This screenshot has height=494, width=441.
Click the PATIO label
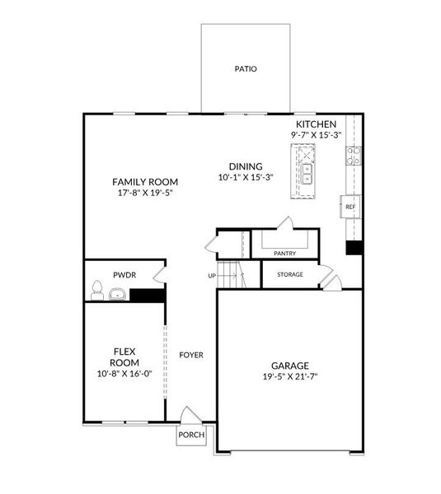(x=246, y=68)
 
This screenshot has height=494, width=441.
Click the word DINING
(x=245, y=165)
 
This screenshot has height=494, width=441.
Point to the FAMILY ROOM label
(x=145, y=182)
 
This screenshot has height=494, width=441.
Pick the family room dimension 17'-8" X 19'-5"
(x=145, y=193)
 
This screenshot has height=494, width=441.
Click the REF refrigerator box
(x=350, y=207)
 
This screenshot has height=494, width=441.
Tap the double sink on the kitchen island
(x=307, y=173)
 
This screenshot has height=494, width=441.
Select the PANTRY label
(x=284, y=254)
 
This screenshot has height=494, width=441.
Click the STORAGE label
(x=289, y=274)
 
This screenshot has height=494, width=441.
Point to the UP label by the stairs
(x=212, y=276)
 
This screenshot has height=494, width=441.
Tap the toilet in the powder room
(x=96, y=291)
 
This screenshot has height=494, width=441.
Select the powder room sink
(x=116, y=294)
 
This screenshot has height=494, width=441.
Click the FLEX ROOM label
(x=125, y=357)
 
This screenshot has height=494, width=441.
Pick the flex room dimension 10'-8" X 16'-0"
(x=125, y=373)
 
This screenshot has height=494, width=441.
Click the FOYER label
(x=191, y=355)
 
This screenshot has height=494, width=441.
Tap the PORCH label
(x=190, y=435)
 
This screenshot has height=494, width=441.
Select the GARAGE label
(x=290, y=366)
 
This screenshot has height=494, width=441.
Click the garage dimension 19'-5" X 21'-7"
(x=290, y=376)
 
